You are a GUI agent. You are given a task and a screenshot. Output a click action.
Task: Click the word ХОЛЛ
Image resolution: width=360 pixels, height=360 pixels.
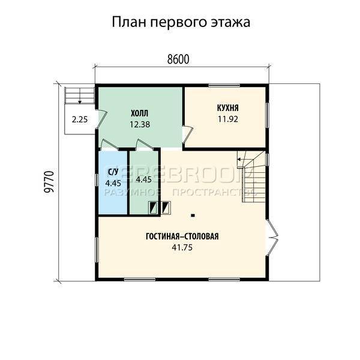pos(140,113)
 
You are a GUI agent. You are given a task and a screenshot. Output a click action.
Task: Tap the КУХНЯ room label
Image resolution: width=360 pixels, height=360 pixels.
pos(228,108)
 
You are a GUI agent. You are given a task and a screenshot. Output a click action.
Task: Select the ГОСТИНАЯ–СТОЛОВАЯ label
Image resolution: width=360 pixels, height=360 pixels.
pos(182,236)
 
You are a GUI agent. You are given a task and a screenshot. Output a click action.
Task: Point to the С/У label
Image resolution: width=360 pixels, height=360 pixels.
pos(112,172)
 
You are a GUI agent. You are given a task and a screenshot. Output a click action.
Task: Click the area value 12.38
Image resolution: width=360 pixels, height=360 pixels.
pos(140,124)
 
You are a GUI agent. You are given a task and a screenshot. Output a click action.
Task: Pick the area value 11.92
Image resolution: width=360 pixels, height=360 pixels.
pos(228,119)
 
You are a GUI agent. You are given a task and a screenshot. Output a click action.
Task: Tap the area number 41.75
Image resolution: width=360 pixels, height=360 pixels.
pos(182,247)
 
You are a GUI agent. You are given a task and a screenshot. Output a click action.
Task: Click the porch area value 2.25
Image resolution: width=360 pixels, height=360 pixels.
pos(80,119)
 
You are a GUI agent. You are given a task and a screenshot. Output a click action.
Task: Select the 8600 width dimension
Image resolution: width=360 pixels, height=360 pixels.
pos(178,59)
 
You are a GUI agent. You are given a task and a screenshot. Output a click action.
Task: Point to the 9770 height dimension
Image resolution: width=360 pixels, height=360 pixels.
pos(49,182)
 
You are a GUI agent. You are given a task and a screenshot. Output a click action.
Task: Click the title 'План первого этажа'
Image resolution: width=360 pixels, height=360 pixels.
pos(181,22)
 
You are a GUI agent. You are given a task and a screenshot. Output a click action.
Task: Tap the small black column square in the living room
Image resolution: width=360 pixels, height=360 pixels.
pos(193,215)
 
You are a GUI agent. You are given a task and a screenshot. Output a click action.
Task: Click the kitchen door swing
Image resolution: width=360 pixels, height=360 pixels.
pos(188,134)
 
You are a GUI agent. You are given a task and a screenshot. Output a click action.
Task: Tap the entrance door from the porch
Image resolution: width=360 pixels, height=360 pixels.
pos(101,119)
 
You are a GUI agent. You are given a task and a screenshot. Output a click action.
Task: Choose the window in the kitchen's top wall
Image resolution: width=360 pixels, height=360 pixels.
pos(224,86)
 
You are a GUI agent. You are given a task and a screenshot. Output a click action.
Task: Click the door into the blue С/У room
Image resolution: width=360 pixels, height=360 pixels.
pos(110,145)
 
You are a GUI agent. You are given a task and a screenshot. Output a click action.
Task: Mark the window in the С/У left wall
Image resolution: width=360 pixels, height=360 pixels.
pos(97,181)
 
